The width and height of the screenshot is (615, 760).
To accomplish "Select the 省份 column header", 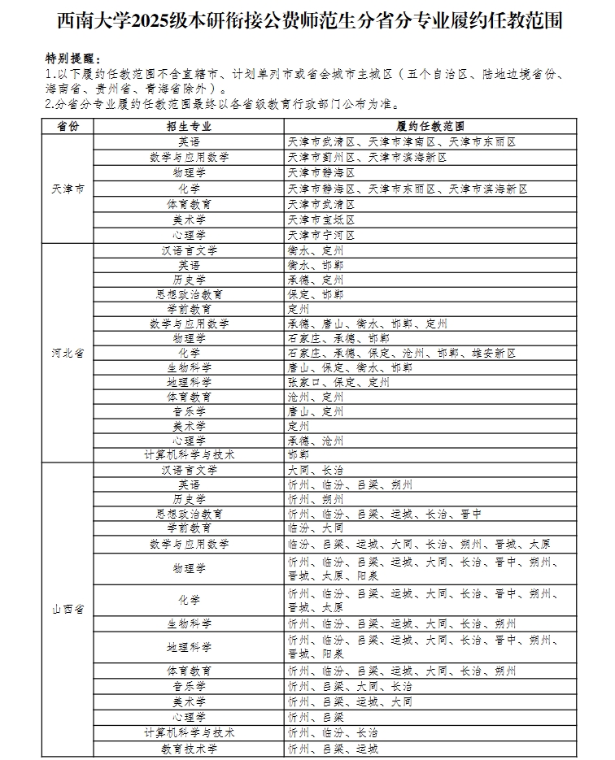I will coord(68,127).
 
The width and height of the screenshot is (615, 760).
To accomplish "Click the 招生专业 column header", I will coord(189,127).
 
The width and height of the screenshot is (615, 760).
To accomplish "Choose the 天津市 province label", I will coord(68,189).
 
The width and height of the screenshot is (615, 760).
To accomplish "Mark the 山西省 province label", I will coord(68,609).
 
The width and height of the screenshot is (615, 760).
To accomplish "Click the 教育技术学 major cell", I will coord(189,748).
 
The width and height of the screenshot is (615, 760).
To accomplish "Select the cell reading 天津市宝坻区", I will coord(322,219).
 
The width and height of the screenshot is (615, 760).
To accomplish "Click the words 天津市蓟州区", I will coord(322,157).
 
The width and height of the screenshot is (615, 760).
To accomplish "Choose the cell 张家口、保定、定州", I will coord(333,382).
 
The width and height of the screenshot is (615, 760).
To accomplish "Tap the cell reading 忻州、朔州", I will coord(316,499).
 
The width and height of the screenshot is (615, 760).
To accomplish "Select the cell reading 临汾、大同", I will coord(316,528).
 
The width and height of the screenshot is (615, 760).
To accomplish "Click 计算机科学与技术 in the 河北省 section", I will coord(189,455).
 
